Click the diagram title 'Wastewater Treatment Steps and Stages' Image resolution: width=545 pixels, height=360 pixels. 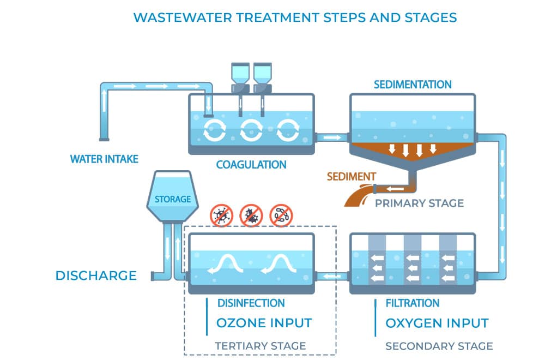coord(295,17)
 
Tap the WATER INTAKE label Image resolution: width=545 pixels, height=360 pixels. coord(104,159)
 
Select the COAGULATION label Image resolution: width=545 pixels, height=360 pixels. coord(251,164)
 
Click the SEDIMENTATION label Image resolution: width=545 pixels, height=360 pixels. coord(412,85)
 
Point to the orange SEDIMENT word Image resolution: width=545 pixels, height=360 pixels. coord(351,177)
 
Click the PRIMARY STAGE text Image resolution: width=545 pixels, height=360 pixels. coord(419,203)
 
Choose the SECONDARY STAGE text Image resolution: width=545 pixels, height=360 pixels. coord(439,346)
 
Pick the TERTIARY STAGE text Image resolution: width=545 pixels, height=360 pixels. coord(260,346)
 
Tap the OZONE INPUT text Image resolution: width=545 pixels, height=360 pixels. coord(264,323)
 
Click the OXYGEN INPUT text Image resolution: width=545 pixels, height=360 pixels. coord(437,323)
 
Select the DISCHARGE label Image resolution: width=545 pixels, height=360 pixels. coord(96,275)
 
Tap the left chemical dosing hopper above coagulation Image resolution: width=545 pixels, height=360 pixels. coord(240,76)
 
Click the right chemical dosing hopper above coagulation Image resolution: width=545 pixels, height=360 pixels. coord(262,76)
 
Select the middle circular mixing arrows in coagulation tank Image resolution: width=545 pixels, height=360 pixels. coord(251,129)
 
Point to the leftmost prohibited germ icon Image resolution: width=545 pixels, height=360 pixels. coord(222,215)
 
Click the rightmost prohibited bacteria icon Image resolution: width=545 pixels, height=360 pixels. coord(281,215)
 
